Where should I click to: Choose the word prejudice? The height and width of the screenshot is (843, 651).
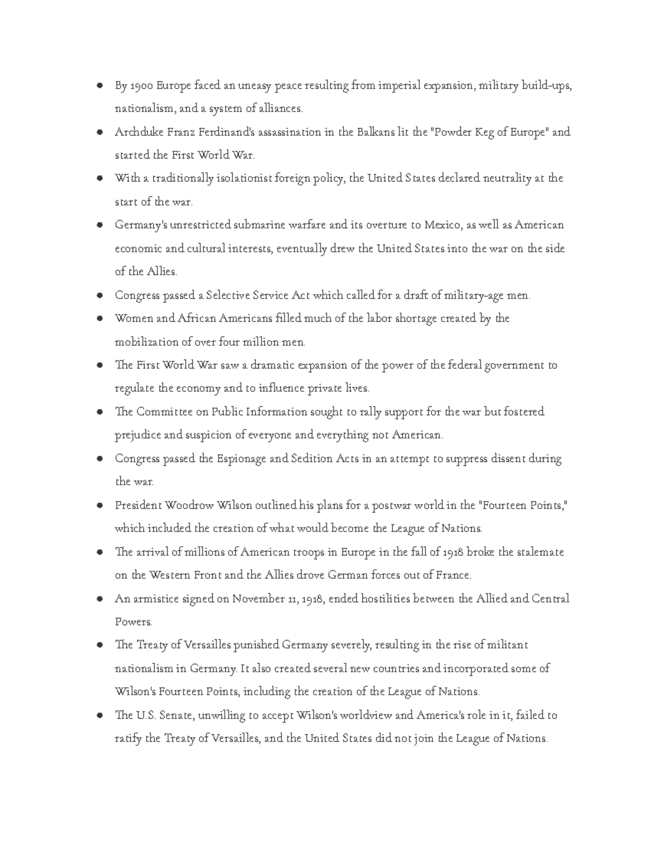pos(137,435)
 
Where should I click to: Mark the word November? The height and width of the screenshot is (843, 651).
pos(257,599)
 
